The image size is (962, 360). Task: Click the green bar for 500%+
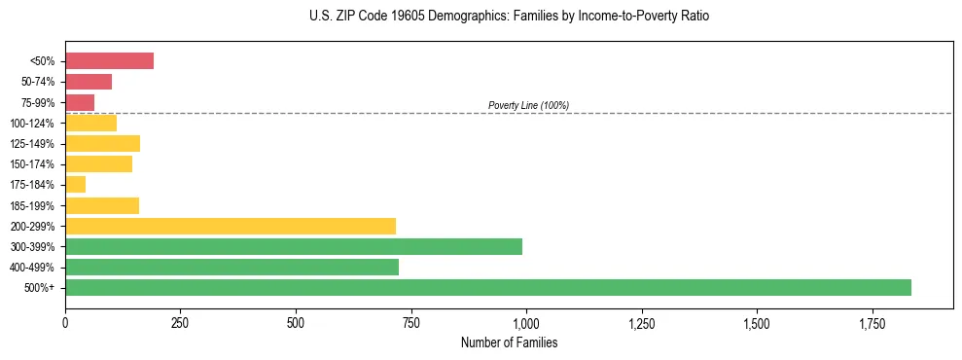click(487, 287)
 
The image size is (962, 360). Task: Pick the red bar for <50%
click(109, 61)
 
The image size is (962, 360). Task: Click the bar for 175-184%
click(75, 184)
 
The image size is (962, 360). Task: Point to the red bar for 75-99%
click(80, 102)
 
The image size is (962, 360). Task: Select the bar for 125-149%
click(102, 143)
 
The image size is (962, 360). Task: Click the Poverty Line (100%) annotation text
click(528, 105)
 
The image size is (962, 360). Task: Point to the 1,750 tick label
click(757, 323)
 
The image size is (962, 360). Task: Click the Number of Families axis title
click(509, 342)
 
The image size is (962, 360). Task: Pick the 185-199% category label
click(36, 205)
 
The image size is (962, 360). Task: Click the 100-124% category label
click(36, 124)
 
